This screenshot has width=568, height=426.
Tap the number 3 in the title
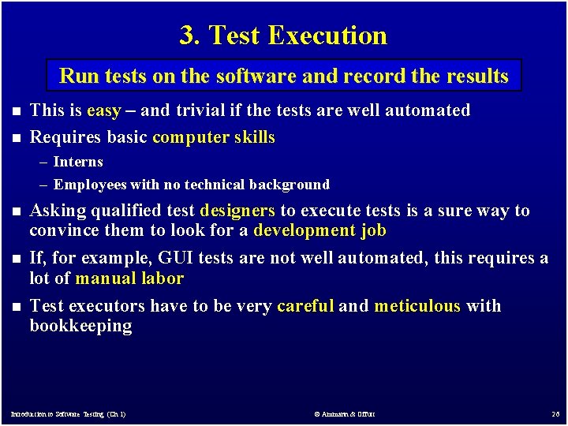click(x=187, y=35)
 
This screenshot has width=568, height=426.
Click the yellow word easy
click(x=103, y=110)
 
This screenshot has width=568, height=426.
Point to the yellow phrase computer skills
click(x=214, y=137)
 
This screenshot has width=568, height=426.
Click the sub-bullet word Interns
click(x=78, y=162)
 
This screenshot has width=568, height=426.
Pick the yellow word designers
click(x=237, y=211)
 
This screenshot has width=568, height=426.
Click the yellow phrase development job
click(x=319, y=230)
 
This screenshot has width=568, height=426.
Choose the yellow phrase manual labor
click(x=129, y=278)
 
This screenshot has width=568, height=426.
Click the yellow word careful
click(x=305, y=306)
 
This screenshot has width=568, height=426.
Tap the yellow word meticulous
click(x=417, y=306)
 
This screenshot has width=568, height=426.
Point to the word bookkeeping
click(x=80, y=326)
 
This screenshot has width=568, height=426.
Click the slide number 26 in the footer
click(x=555, y=413)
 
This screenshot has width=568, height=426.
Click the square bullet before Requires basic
click(x=14, y=138)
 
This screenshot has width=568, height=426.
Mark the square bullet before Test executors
click(x=14, y=307)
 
